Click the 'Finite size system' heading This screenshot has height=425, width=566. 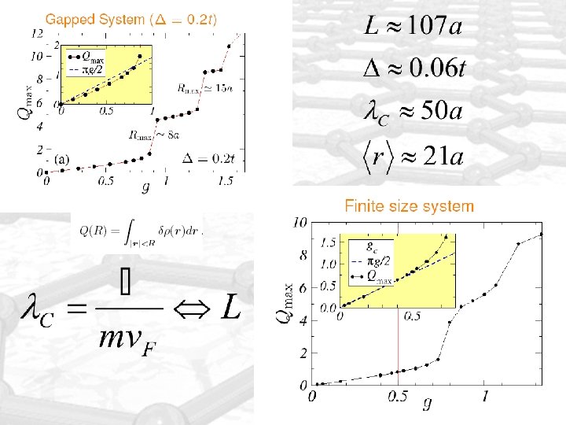click(x=410, y=207)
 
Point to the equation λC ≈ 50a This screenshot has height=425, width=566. click(x=413, y=110)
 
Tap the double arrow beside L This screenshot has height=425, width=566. click(x=192, y=308)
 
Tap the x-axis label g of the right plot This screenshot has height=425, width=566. click(x=427, y=405)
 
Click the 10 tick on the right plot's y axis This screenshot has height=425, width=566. click(x=300, y=224)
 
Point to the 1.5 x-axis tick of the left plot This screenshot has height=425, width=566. click(x=226, y=182)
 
